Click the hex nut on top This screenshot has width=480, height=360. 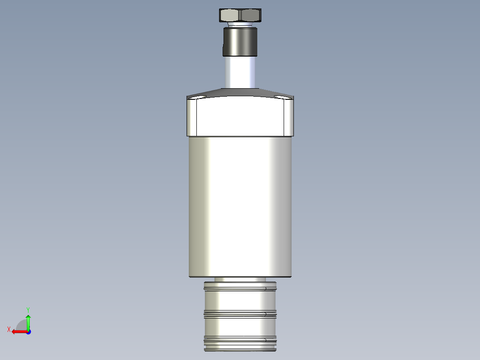coord(240,15)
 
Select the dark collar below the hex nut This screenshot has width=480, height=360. coord(240,41)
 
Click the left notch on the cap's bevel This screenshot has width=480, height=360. coord(198,97)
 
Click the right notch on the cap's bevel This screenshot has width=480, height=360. coord(281,97)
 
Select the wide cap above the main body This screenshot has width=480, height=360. coord(240,117)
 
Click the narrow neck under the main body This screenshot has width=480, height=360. coord(240,279)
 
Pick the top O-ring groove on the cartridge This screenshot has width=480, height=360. coord(240,289)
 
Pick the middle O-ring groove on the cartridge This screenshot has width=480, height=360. coord(240,314)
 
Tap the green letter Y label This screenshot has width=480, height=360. coord(28,309)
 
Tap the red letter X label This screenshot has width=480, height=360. coord(8,329)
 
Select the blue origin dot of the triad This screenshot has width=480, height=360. coord(28,331)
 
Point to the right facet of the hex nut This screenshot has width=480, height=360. coord(250,15)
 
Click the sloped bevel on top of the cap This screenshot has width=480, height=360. coord(240,93)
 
